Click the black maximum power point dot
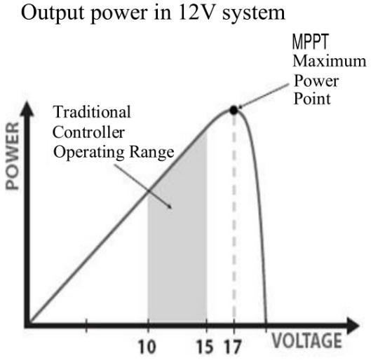pyautogui.click(x=234, y=110)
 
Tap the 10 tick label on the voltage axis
pyautogui.click(x=147, y=347)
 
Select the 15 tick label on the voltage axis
pyautogui.click(x=205, y=347)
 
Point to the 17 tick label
pyautogui.click(x=233, y=347)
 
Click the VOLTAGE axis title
pyautogui.click(x=307, y=340)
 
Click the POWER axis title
pyautogui.click(x=13, y=156)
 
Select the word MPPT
pyautogui.click(x=311, y=41)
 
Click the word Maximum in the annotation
pyautogui.click(x=330, y=61)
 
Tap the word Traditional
pyautogui.click(x=92, y=111)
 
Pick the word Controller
pyautogui.click(x=88, y=132)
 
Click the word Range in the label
pyautogui.click(x=151, y=153)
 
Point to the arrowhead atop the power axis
pyautogui.click(x=27, y=109)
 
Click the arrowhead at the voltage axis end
pyautogui.click(x=353, y=326)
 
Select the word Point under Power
pyautogui.click(x=312, y=99)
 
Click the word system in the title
pyautogui.click(x=254, y=14)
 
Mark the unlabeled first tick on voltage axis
pyautogui.click(x=86, y=326)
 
